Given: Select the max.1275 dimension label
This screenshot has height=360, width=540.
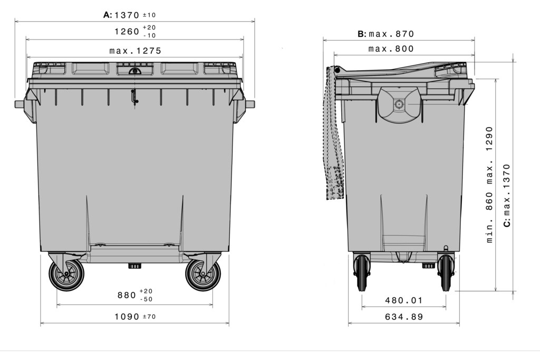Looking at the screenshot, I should (135, 51).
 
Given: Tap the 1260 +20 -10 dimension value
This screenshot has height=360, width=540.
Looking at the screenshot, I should (135, 32).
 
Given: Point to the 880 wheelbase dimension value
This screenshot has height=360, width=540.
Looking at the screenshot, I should (135, 295).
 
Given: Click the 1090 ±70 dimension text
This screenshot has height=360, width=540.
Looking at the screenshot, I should (135, 317).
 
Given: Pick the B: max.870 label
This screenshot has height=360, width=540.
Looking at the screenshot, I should (386, 34).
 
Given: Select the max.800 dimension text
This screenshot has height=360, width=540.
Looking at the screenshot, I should (391, 49).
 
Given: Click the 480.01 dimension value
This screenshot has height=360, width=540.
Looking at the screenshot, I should (403, 300).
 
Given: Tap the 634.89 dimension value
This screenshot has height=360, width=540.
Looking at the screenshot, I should (403, 317).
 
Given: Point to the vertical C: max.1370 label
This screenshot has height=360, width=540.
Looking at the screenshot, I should (507, 195).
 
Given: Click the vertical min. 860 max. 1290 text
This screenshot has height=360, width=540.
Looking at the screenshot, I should (489, 184).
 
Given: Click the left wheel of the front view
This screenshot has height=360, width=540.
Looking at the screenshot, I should (66, 275).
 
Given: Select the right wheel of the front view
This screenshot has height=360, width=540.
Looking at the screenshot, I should (203, 275).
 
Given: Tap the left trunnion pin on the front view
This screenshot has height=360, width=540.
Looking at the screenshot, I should (20, 104).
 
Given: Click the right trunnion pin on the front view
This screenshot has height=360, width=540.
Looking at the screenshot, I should (250, 104).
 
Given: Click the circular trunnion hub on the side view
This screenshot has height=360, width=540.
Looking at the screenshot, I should (399, 104).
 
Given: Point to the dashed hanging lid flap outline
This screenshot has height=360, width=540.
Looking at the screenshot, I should (333, 137).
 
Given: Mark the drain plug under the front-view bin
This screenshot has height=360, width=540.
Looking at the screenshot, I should (135, 266).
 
